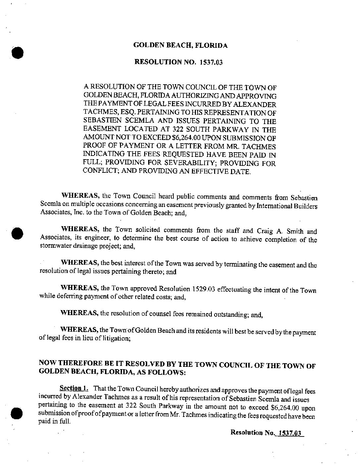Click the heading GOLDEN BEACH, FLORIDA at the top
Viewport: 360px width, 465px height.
[180, 45]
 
